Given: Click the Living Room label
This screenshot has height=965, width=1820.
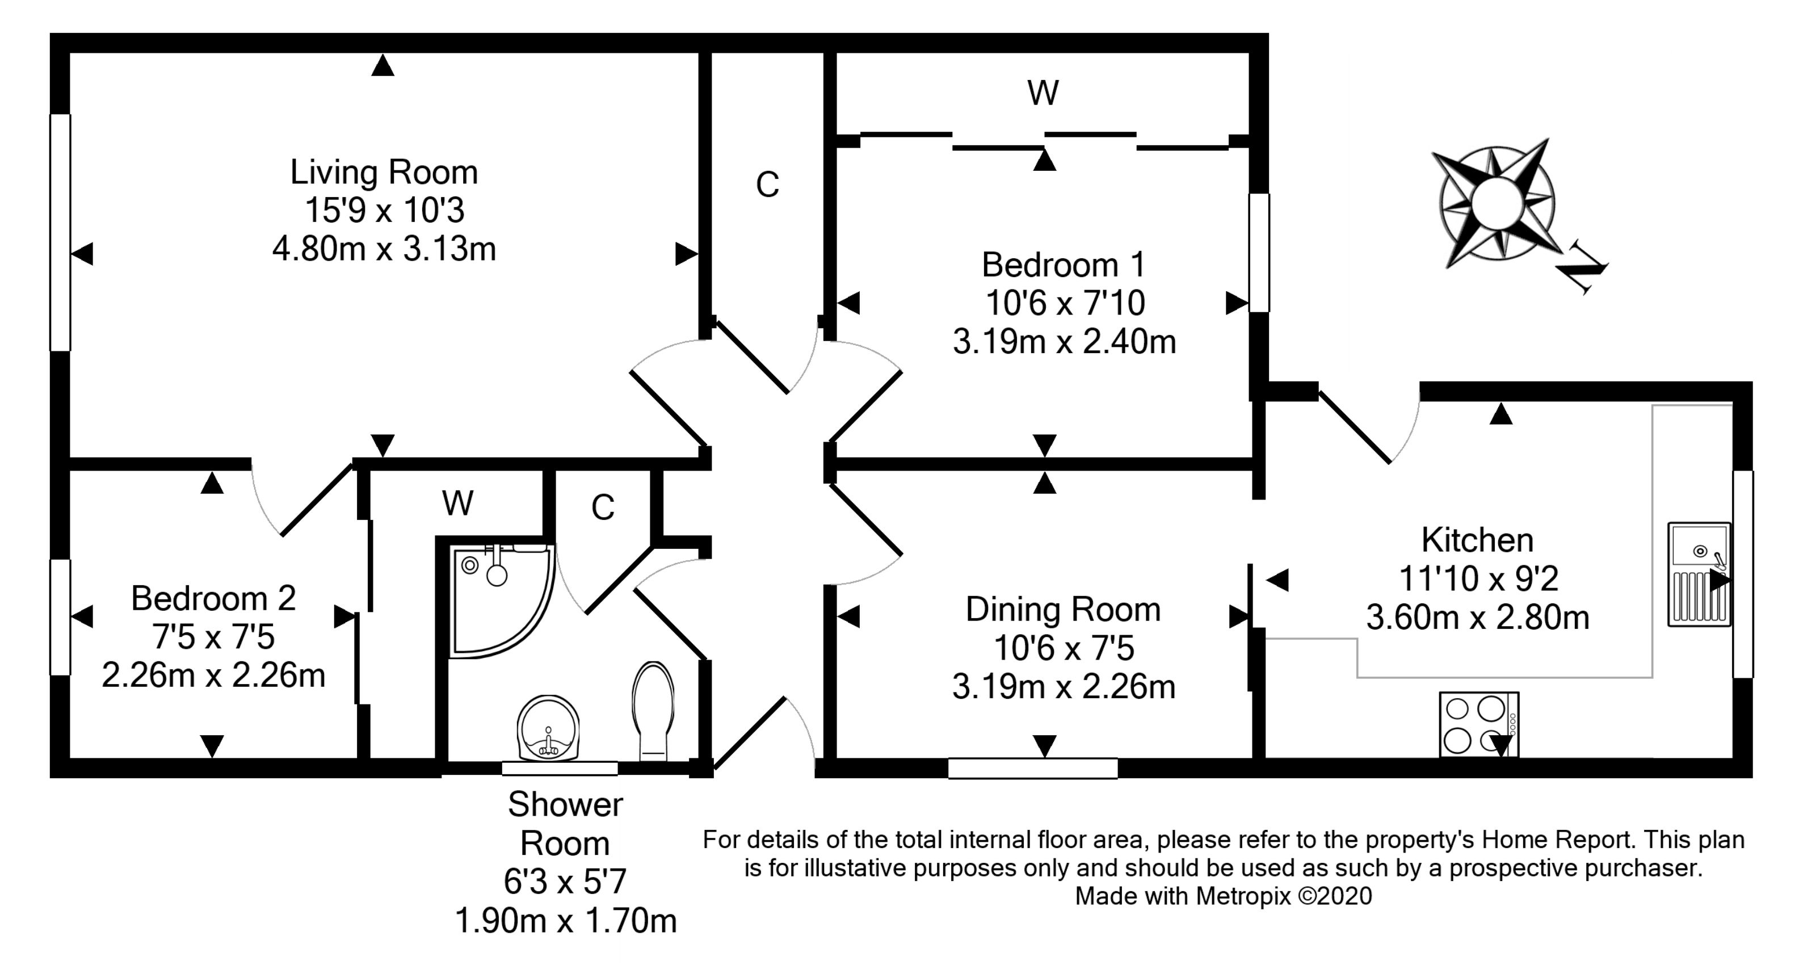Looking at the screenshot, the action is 384,173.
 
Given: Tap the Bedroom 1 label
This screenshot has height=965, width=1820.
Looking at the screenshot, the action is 1064,265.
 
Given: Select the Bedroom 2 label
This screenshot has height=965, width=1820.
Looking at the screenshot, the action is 213,598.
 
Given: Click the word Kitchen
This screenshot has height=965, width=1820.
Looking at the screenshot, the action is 1477,540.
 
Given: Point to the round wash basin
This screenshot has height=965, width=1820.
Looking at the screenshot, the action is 548,728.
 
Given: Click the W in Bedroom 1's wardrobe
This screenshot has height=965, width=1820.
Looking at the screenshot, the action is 1043,93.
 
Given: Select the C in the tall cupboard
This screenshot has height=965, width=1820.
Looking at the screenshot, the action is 767,185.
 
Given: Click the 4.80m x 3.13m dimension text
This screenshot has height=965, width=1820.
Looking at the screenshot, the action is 384,249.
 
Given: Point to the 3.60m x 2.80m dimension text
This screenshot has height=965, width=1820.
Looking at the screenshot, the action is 1477,618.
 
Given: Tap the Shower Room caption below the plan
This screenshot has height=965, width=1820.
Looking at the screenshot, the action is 565,824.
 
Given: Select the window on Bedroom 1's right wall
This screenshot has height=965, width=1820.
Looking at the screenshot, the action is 1259,252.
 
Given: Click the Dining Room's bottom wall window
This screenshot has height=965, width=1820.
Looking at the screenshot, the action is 1032,768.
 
